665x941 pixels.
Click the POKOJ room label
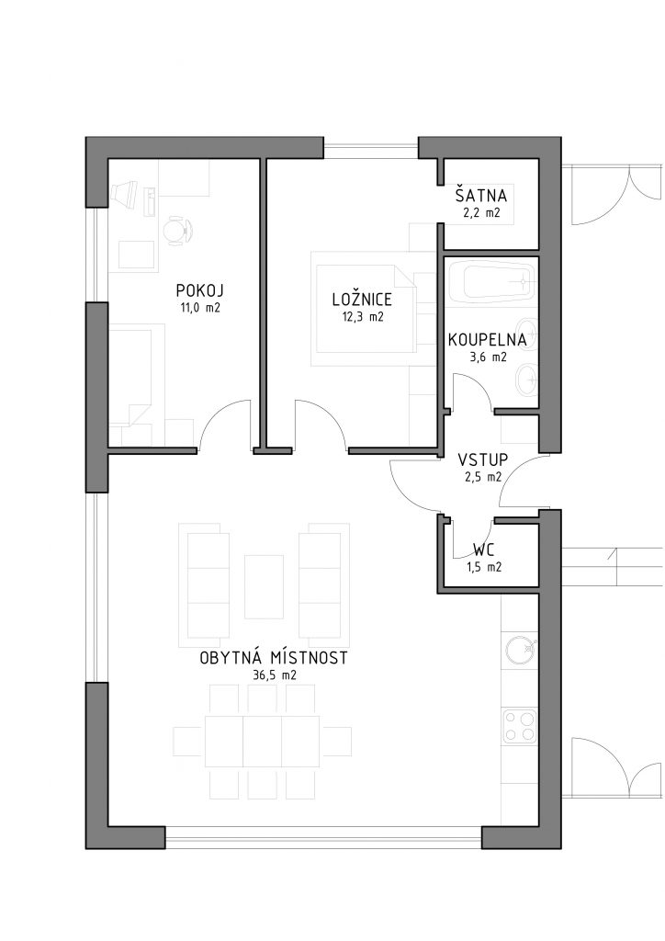tap(199, 291)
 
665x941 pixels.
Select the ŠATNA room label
tap(481, 196)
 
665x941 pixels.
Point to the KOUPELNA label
tap(488, 340)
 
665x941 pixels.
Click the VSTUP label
tap(483, 460)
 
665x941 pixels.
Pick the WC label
tap(484, 550)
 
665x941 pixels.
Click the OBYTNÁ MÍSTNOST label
tap(274, 658)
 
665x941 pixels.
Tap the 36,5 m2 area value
tap(274, 675)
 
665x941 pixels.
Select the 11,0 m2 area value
tap(200, 308)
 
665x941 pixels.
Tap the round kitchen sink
tap(519, 649)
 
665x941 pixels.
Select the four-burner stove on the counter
tap(519, 726)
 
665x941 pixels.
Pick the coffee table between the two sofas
tap(264, 586)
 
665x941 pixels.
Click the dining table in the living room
tap(263, 742)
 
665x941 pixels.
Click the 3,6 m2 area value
tap(488, 357)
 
